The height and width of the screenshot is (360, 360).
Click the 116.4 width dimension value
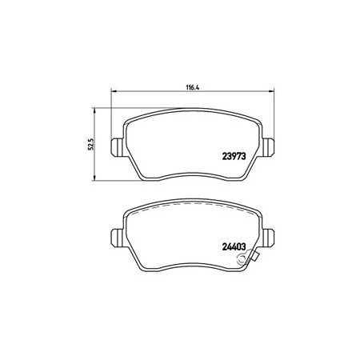tap(193, 87)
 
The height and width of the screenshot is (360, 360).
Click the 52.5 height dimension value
tap(91, 144)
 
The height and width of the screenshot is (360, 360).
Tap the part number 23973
tap(234, 157)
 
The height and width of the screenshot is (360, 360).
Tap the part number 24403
tap(234, 247)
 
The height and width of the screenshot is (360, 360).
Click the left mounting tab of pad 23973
tap(117, 147)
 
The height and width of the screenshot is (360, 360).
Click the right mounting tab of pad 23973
tap(268, 147)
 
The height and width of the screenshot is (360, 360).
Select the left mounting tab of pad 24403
tap(117, 238)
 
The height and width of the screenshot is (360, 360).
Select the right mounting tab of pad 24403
tap(268, 238)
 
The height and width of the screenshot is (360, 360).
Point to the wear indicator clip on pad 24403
tap(248, 258)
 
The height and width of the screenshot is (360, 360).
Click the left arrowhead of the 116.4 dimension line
tap(114, 91)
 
